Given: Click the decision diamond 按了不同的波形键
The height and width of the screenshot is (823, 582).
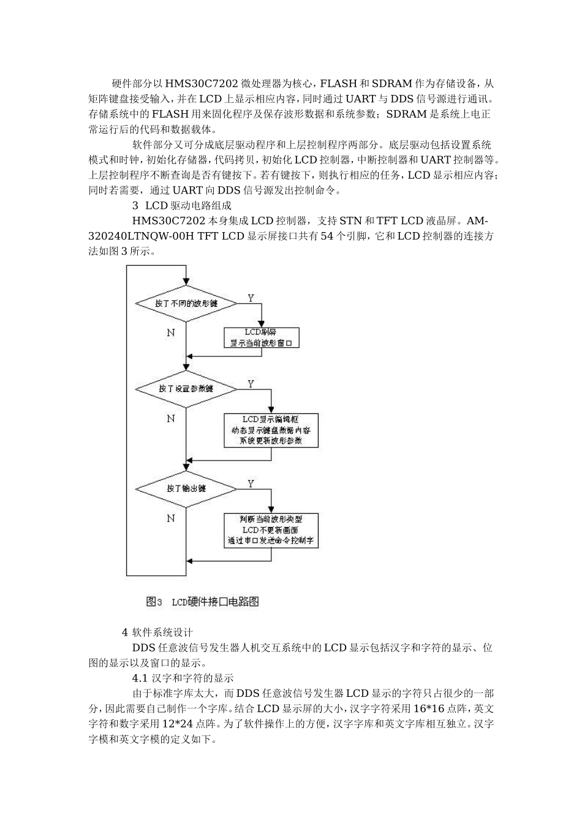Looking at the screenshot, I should pos(186,303).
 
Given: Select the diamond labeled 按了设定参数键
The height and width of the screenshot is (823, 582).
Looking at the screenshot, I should pos(186,388).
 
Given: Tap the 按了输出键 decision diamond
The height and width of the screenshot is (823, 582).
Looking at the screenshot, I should pos(186,488).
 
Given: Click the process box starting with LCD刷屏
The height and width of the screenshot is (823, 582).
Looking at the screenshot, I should pos(262,337).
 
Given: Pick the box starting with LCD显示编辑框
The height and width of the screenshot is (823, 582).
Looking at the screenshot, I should pos(271,430).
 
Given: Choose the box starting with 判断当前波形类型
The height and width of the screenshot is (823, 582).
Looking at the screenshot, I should pos(271,530).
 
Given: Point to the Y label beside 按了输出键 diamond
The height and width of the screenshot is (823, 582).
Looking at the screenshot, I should pos(251,484).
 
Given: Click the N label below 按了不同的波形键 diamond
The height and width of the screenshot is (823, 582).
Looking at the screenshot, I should pos(171,333).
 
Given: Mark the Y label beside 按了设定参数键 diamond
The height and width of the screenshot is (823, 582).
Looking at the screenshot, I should pos(251,384).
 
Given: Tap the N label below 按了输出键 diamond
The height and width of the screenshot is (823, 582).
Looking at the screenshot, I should pos(171,518).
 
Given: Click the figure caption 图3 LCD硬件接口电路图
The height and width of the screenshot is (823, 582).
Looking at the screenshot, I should pos(203,601).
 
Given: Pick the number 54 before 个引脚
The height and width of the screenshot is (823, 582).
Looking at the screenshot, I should pos(327,236).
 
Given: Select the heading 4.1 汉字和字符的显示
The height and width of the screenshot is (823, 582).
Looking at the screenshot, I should pos(183,678).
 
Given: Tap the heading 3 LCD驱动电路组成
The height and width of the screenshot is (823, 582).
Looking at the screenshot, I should pos(182,206).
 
